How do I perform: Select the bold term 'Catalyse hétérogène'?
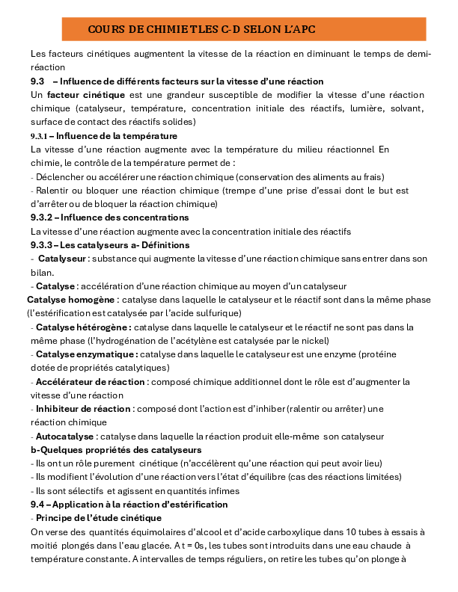pyautogui.click(x=84, y=327)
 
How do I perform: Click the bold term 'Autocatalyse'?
pyautogui.click(x=65, y=436)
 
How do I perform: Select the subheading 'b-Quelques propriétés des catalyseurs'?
pyautogui.click(x=116, y=450)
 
